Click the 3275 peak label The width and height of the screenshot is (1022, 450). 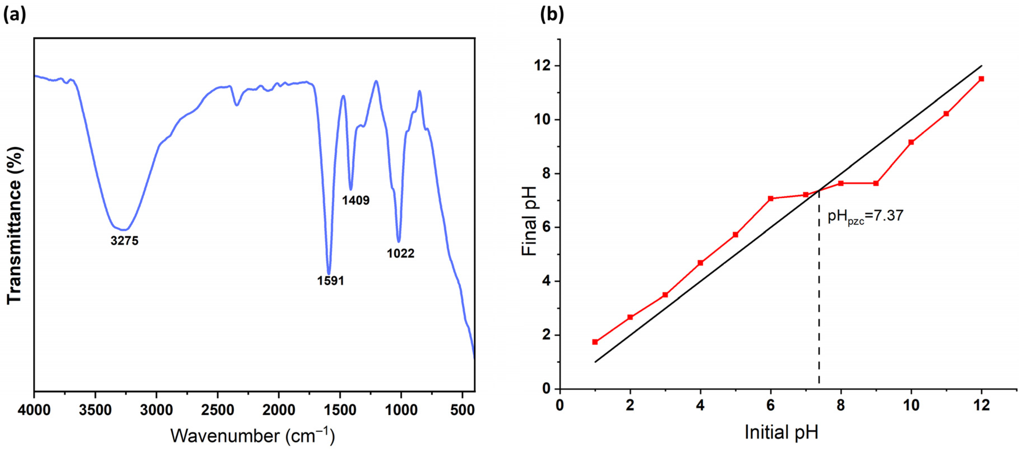[x=125, y=240]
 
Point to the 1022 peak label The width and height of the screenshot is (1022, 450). [x=400, y=253]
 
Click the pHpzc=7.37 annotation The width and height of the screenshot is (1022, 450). [x=865, y=216]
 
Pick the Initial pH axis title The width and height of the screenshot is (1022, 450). [x=781, y=432]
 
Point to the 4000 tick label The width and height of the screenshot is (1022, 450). [x=34, y=409]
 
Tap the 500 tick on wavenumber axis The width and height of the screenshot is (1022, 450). [x=462, y=409]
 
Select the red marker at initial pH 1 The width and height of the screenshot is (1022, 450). [x=595, y=342]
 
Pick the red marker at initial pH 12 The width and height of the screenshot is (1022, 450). [x=981, y=79]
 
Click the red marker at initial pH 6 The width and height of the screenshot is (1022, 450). [x=771, y=198]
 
